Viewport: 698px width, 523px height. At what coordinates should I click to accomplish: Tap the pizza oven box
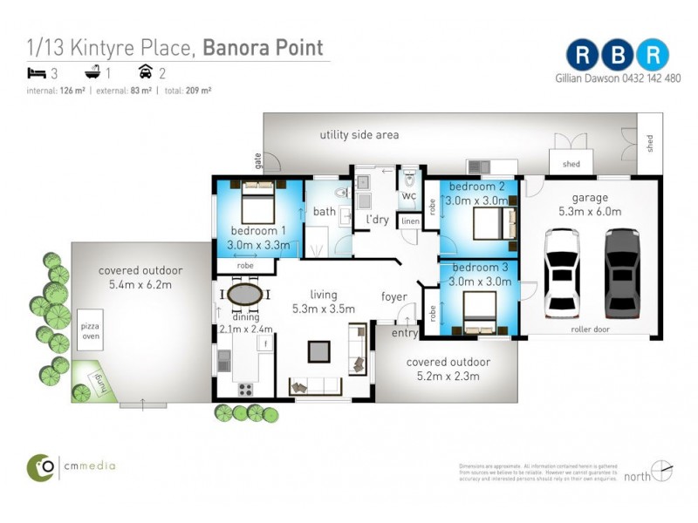pyautogui.click(x=90, y=329)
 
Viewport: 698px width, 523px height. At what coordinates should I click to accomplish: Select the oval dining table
pyautogui.click(x=244, y=293)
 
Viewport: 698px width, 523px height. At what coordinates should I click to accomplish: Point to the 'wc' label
pyautogui.click(x=408, y=196)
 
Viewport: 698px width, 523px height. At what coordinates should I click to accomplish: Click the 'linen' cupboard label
pyautogui.click(x=409, y=222)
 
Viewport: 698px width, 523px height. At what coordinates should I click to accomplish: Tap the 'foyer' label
pyautogui.click(x=394, y=297)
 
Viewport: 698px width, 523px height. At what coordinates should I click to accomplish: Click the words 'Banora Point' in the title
pyautogui.click(x=263, y=47)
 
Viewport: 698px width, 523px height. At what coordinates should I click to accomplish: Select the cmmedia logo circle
pyautogui.click(x=41, y=466)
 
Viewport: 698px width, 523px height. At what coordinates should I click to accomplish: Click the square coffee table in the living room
pyautogui.click(x=318, y=351)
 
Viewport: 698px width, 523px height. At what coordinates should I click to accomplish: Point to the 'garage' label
pyautogui.click(x=590, y=198)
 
